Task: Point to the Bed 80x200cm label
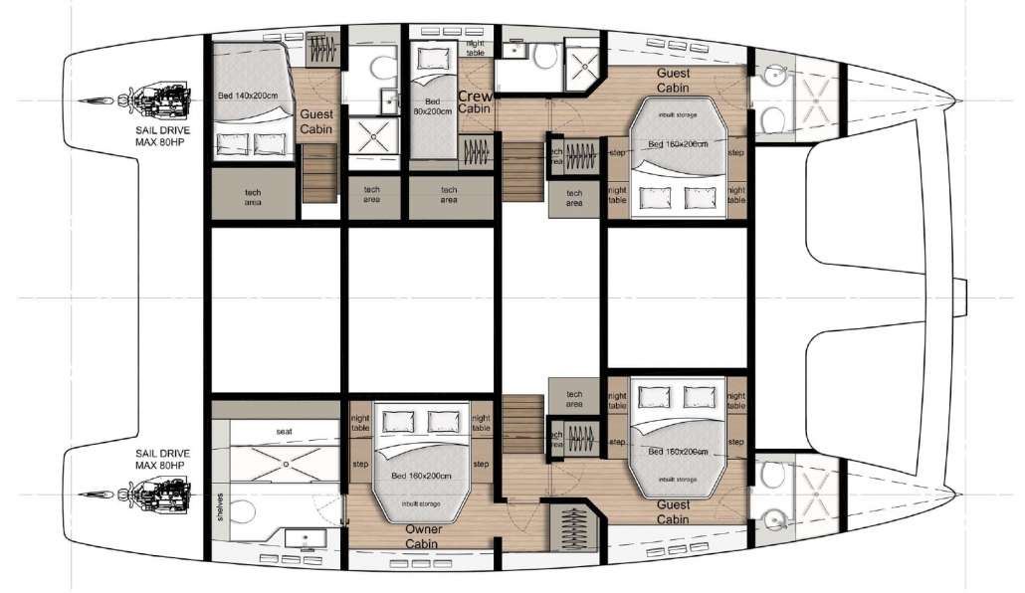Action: click(x=432, y=107)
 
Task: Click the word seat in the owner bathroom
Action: click(x=284, y=431)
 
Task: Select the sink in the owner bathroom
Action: click(x=302, y=538)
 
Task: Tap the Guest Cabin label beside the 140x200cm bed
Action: click(x=316, y=122)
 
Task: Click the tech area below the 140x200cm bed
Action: click(x=254, y=194)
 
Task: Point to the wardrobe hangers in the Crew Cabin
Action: click(x=477, y=152)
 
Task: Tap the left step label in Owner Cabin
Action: click(x=358, y=464)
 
